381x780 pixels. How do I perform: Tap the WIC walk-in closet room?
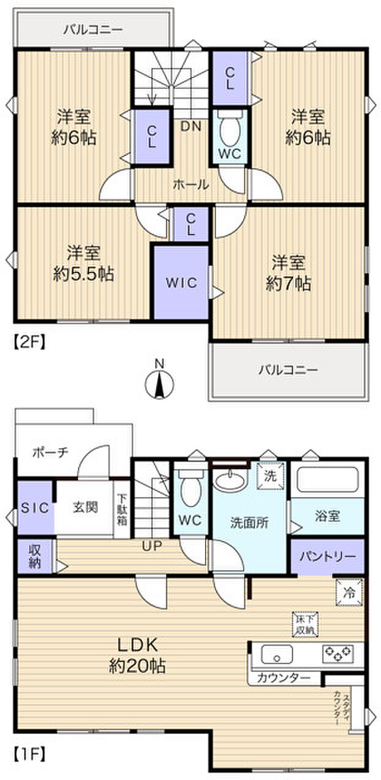[x=181, y=283]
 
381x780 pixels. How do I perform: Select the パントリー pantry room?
[x=327, y=556]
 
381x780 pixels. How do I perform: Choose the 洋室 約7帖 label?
[x=288, y=272]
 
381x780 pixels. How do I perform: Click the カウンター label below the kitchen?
[x=283, y=678]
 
